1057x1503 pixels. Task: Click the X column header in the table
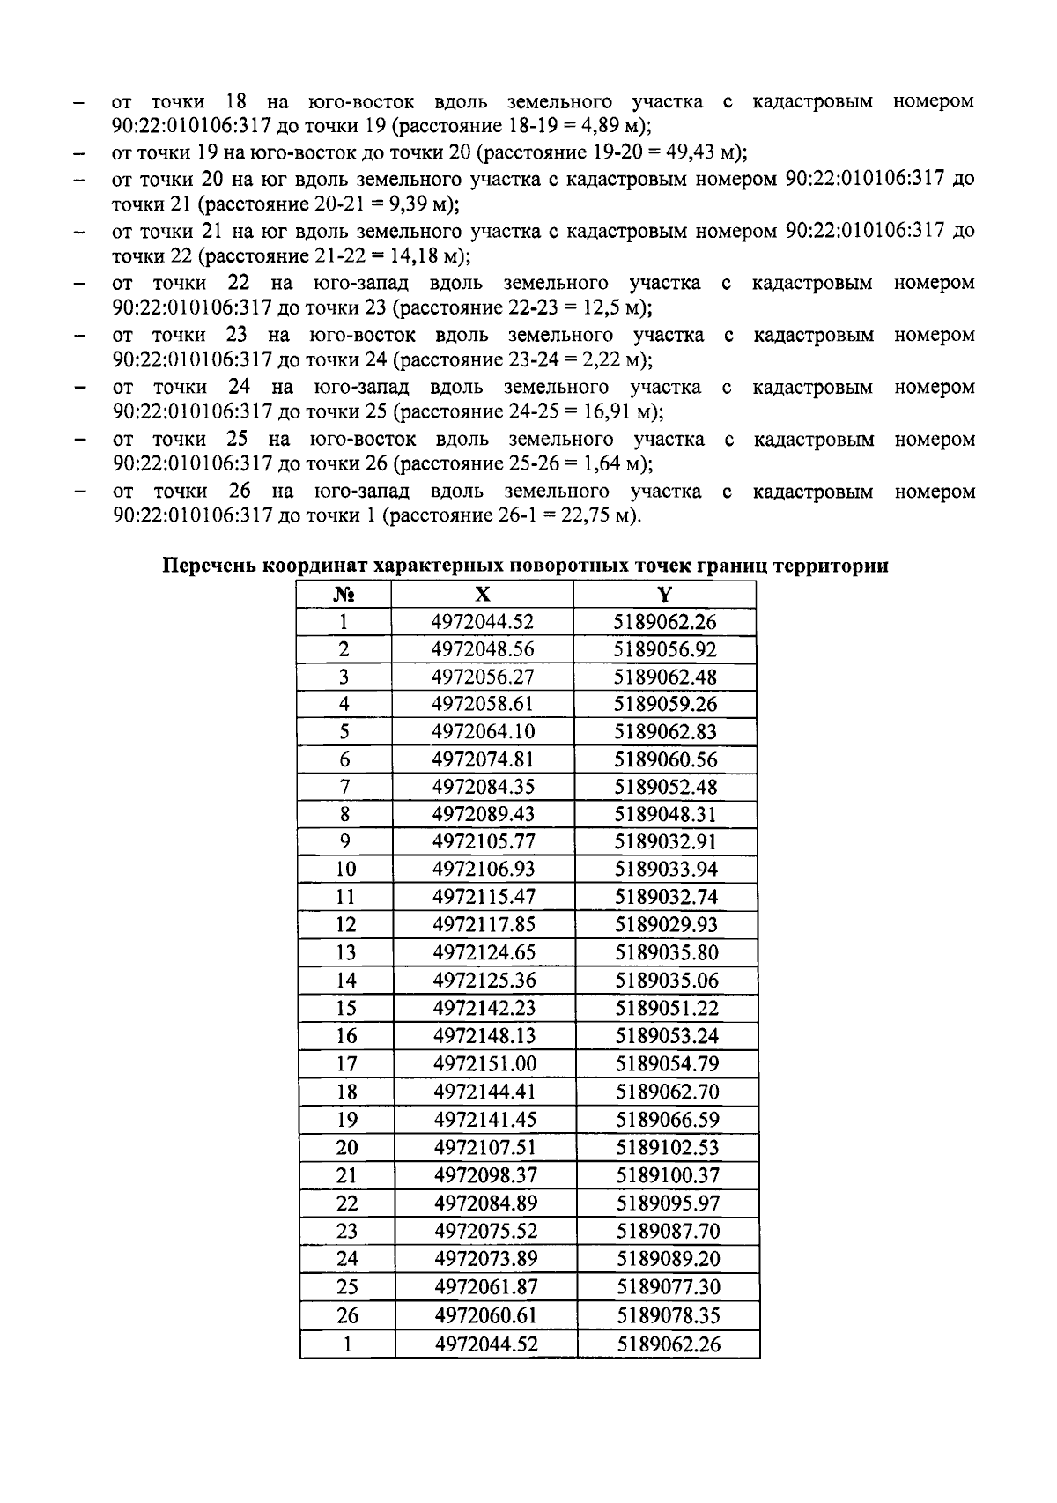[483, 595]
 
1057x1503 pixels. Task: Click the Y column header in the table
[665, 595]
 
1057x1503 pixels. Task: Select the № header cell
[344, 595]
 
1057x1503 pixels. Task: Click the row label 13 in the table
[346, 952]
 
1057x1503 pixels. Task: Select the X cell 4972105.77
[484, 841]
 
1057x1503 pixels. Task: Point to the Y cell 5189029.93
[666, 924]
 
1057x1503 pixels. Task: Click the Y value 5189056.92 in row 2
[665, 649]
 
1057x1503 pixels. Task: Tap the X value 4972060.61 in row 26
[485, 1315]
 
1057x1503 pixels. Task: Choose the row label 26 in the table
[347, 1315]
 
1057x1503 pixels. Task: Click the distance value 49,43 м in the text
[704, 152]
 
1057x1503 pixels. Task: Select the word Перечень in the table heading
[209, 566]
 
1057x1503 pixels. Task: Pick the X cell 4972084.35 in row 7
[484, 786]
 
